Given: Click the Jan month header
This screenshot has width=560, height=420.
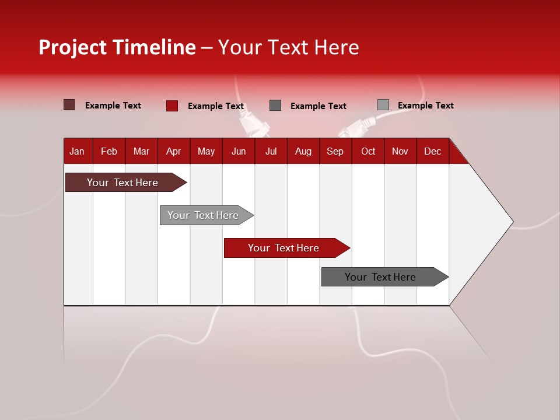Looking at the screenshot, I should [x=78, y=151].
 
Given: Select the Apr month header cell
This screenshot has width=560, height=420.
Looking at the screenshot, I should [x=174, y=151].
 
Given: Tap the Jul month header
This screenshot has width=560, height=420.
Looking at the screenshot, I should [x=271, y=151].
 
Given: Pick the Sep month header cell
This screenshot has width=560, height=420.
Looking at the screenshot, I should [x=335, y=151].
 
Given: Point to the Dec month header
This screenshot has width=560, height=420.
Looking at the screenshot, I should [x=432, y=151].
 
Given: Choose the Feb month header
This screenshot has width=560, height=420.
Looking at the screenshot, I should [x=109, y=151].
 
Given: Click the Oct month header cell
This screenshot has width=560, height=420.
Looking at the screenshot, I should [x=368, y=151].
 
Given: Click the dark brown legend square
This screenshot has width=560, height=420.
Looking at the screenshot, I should [x=69, y=105].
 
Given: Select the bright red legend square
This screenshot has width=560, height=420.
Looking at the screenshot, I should [x=172, y=106].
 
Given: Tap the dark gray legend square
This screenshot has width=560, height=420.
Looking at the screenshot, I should [x=275, y=106].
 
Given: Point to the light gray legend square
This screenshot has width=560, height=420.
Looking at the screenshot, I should [x=383, y=105].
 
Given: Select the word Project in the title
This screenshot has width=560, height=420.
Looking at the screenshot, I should [x=73, y=47].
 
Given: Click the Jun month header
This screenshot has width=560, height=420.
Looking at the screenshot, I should [x=239, y=151].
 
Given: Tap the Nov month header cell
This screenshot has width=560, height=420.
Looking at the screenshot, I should [x=400, y=151].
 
